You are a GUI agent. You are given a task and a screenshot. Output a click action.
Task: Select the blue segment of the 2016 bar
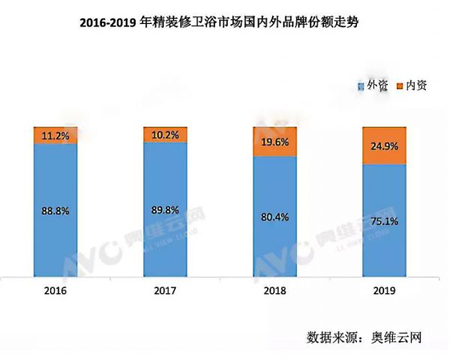(55, 225)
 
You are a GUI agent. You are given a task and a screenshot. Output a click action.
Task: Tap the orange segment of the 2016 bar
(55, 135)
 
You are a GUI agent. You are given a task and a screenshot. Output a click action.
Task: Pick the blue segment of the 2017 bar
(166, 225)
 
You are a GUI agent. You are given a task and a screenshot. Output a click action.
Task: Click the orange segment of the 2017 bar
(166, 134)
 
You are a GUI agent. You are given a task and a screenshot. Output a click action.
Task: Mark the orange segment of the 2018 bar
(275, 141)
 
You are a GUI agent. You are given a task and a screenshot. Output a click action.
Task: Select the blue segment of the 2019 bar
(385, 240)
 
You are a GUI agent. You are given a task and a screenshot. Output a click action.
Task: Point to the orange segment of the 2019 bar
(385, 145)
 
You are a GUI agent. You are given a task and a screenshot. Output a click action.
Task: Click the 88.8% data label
(55, 211)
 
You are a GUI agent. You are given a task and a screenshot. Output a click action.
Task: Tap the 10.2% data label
(166, 136)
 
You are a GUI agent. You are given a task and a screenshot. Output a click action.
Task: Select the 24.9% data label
(385, 147)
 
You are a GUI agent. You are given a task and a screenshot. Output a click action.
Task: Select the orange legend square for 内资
(398, 87)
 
